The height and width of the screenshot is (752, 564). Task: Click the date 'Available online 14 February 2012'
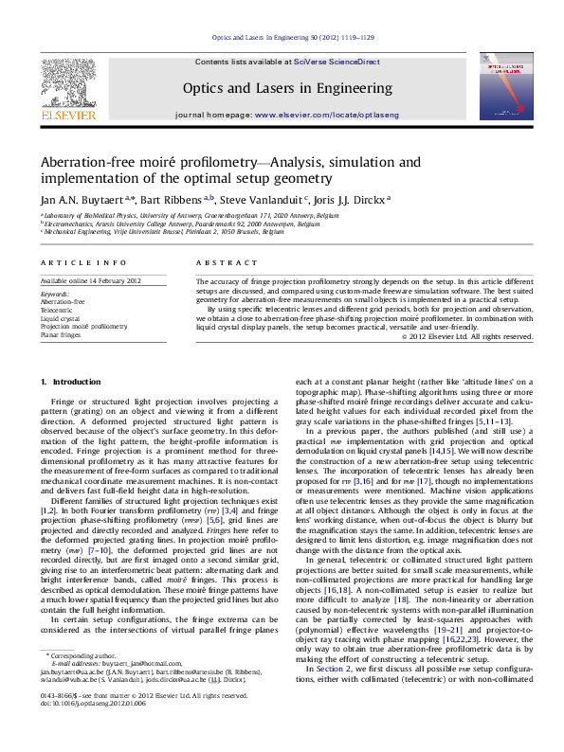tap(90, 281)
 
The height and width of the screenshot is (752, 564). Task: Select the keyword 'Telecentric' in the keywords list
tap(56, 310)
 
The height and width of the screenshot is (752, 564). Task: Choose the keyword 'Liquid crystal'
tap(60, 317)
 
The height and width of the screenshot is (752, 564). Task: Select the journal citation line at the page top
tap(281, 40)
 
